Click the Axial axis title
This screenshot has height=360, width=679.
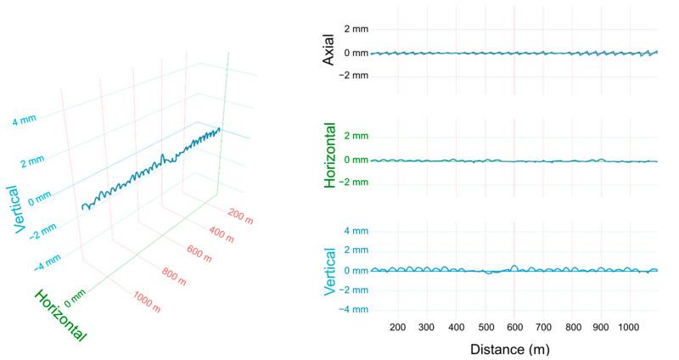[x=326, y=52]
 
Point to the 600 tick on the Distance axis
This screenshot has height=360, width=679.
[x=513, y=327]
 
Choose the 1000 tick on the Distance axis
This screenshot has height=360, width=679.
[x=629, y=327]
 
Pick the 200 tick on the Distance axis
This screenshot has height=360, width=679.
[x=397, y=327]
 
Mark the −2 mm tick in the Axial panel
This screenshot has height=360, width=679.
[x=351, y=75]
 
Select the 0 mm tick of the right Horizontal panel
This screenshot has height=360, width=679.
[x=353, y=160]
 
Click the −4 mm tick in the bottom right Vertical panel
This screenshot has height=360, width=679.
[x=351, y=310]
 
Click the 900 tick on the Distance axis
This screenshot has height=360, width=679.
[x=600, y=327]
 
